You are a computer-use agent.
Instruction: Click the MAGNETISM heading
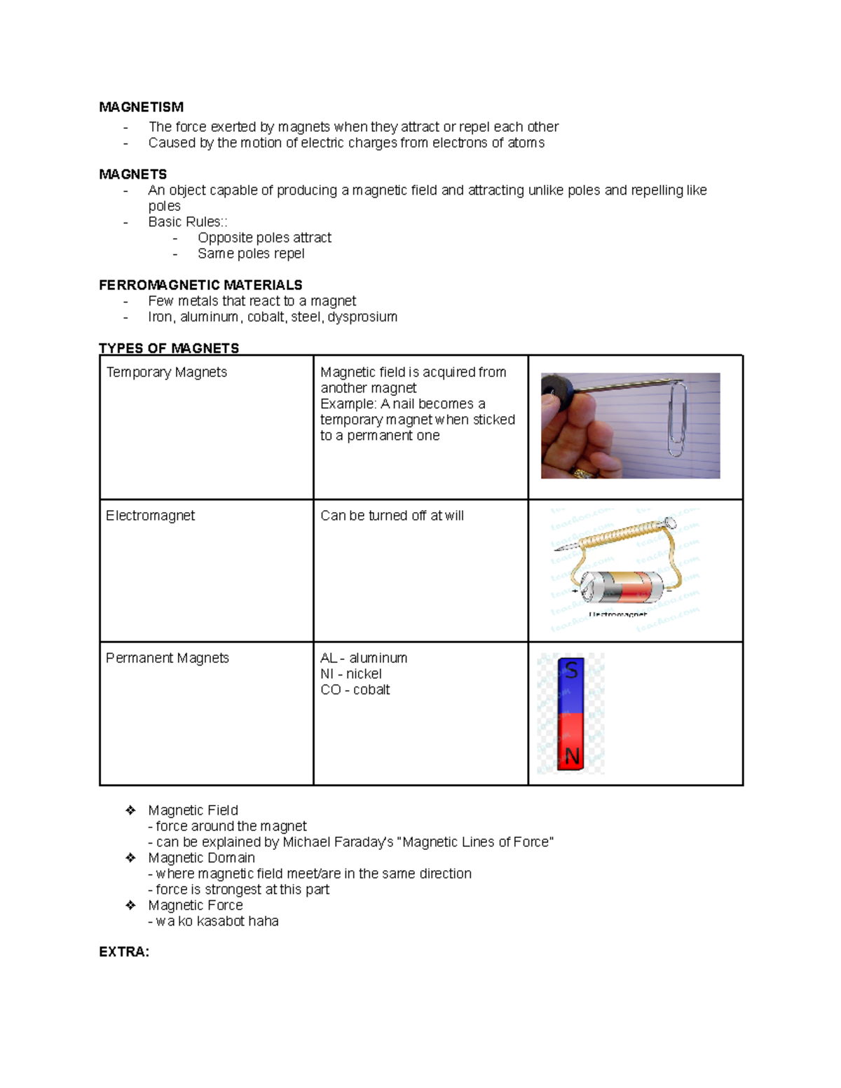coord(141,107)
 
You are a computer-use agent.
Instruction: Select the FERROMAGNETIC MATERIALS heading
coord(200,285)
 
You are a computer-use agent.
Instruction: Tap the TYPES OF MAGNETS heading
coord(169,348)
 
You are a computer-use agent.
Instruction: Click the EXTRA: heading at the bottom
coord(124,952)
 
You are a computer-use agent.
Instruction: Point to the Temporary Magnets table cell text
coord(167,372)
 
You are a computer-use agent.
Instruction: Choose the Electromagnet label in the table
coord(150,516)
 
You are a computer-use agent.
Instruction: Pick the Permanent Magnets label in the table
coord(167,658)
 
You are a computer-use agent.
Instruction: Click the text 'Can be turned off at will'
coord(392,516)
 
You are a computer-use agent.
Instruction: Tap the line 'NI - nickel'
coord(350,674)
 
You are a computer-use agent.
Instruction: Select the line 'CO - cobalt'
coord(355,690)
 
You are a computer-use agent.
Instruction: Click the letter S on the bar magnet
coord(571,670)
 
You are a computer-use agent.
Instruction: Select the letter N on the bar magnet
coord(572,757)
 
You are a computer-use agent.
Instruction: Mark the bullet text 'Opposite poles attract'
coord(264,238)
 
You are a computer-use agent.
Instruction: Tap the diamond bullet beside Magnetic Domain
coord(130,858)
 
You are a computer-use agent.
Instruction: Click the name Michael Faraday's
coord(338,842)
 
